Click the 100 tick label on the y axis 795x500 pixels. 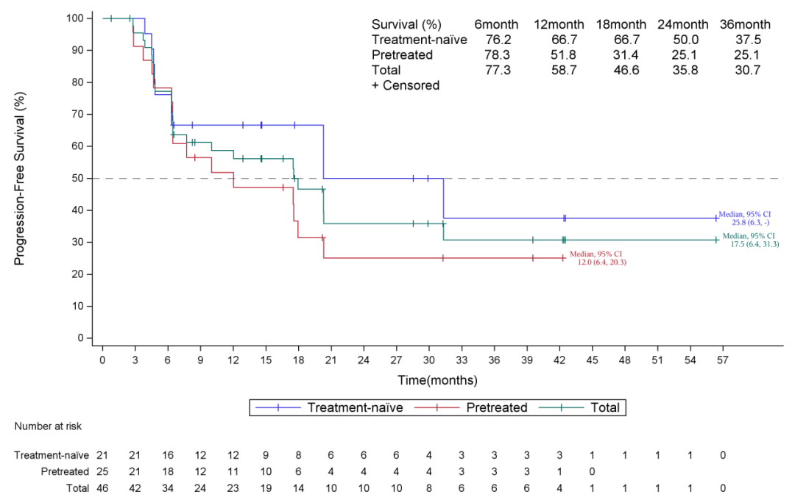point(74,18)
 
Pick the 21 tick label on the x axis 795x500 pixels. point(331,360)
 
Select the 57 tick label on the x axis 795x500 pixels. point(723,360)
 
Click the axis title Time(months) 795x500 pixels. point(437,381)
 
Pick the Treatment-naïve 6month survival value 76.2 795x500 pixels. point(497,40)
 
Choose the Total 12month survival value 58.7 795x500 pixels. point(558,71)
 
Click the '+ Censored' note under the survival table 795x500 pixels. point(406,86)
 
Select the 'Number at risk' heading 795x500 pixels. point(47,426)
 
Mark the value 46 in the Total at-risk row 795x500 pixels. point(102,488)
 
